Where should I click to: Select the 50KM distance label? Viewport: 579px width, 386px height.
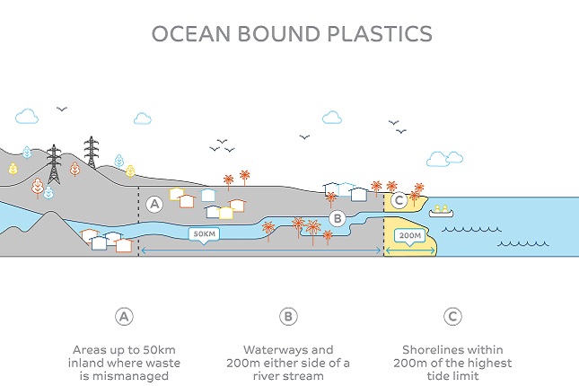[205, 234]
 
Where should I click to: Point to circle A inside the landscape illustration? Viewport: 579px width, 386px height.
[154, 205]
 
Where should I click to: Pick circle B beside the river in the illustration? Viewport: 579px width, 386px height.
[337, 218]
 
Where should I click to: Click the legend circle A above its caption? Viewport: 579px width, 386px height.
[124, 316]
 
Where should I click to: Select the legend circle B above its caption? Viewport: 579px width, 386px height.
[288, 316]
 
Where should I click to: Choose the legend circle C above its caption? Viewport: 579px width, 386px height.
[452, 316]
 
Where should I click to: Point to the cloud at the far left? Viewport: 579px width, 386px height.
[27, 116]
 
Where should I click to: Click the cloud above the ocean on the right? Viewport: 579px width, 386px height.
[439, 159]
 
